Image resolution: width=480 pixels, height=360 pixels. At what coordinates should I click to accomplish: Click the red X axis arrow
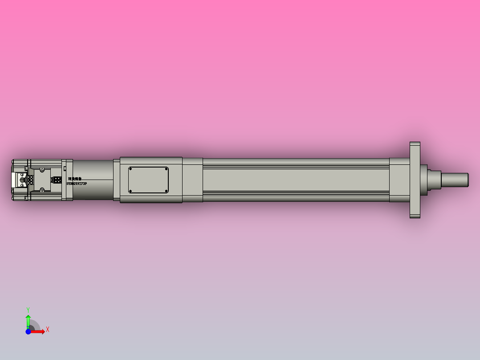[x=39, y=331]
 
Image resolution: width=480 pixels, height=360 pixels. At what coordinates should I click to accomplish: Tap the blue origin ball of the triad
[x=28, y=331]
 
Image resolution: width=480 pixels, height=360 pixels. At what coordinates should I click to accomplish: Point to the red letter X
[x=47, y=330]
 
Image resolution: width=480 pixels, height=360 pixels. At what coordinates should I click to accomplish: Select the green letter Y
[x=28, y=309]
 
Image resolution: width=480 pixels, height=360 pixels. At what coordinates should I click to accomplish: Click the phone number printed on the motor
[x=77, y=184]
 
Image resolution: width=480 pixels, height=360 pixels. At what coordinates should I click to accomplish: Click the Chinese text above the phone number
[x=75, y=178]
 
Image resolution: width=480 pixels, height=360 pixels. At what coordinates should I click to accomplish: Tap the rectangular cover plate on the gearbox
[x=148, y=180]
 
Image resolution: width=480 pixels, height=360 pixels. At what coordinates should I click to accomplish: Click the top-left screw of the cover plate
[x=131, y=169]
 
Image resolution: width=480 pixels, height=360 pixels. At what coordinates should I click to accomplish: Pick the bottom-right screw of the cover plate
[x=166, y=191]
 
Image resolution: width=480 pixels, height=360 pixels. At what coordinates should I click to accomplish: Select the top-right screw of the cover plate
[x=166, y=169]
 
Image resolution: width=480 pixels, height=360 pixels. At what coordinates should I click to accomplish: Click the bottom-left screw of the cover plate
[x=131, y=191]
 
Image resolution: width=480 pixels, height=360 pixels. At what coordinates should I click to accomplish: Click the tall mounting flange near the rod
[x=415, y=180]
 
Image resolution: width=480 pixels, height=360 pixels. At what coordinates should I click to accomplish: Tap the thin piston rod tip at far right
[x=455, y=180]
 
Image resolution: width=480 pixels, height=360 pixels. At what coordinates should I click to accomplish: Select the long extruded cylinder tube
[x=296, y=180]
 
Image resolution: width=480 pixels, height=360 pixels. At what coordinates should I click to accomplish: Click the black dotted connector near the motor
[x=57, y=180]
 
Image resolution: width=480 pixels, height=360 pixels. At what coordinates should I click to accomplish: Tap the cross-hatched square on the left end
[x=30, y=180]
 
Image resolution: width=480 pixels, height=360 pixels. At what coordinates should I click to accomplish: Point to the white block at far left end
[x=15, y=180]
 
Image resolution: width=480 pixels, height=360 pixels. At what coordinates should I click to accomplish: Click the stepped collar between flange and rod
[x=430, y=180]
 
